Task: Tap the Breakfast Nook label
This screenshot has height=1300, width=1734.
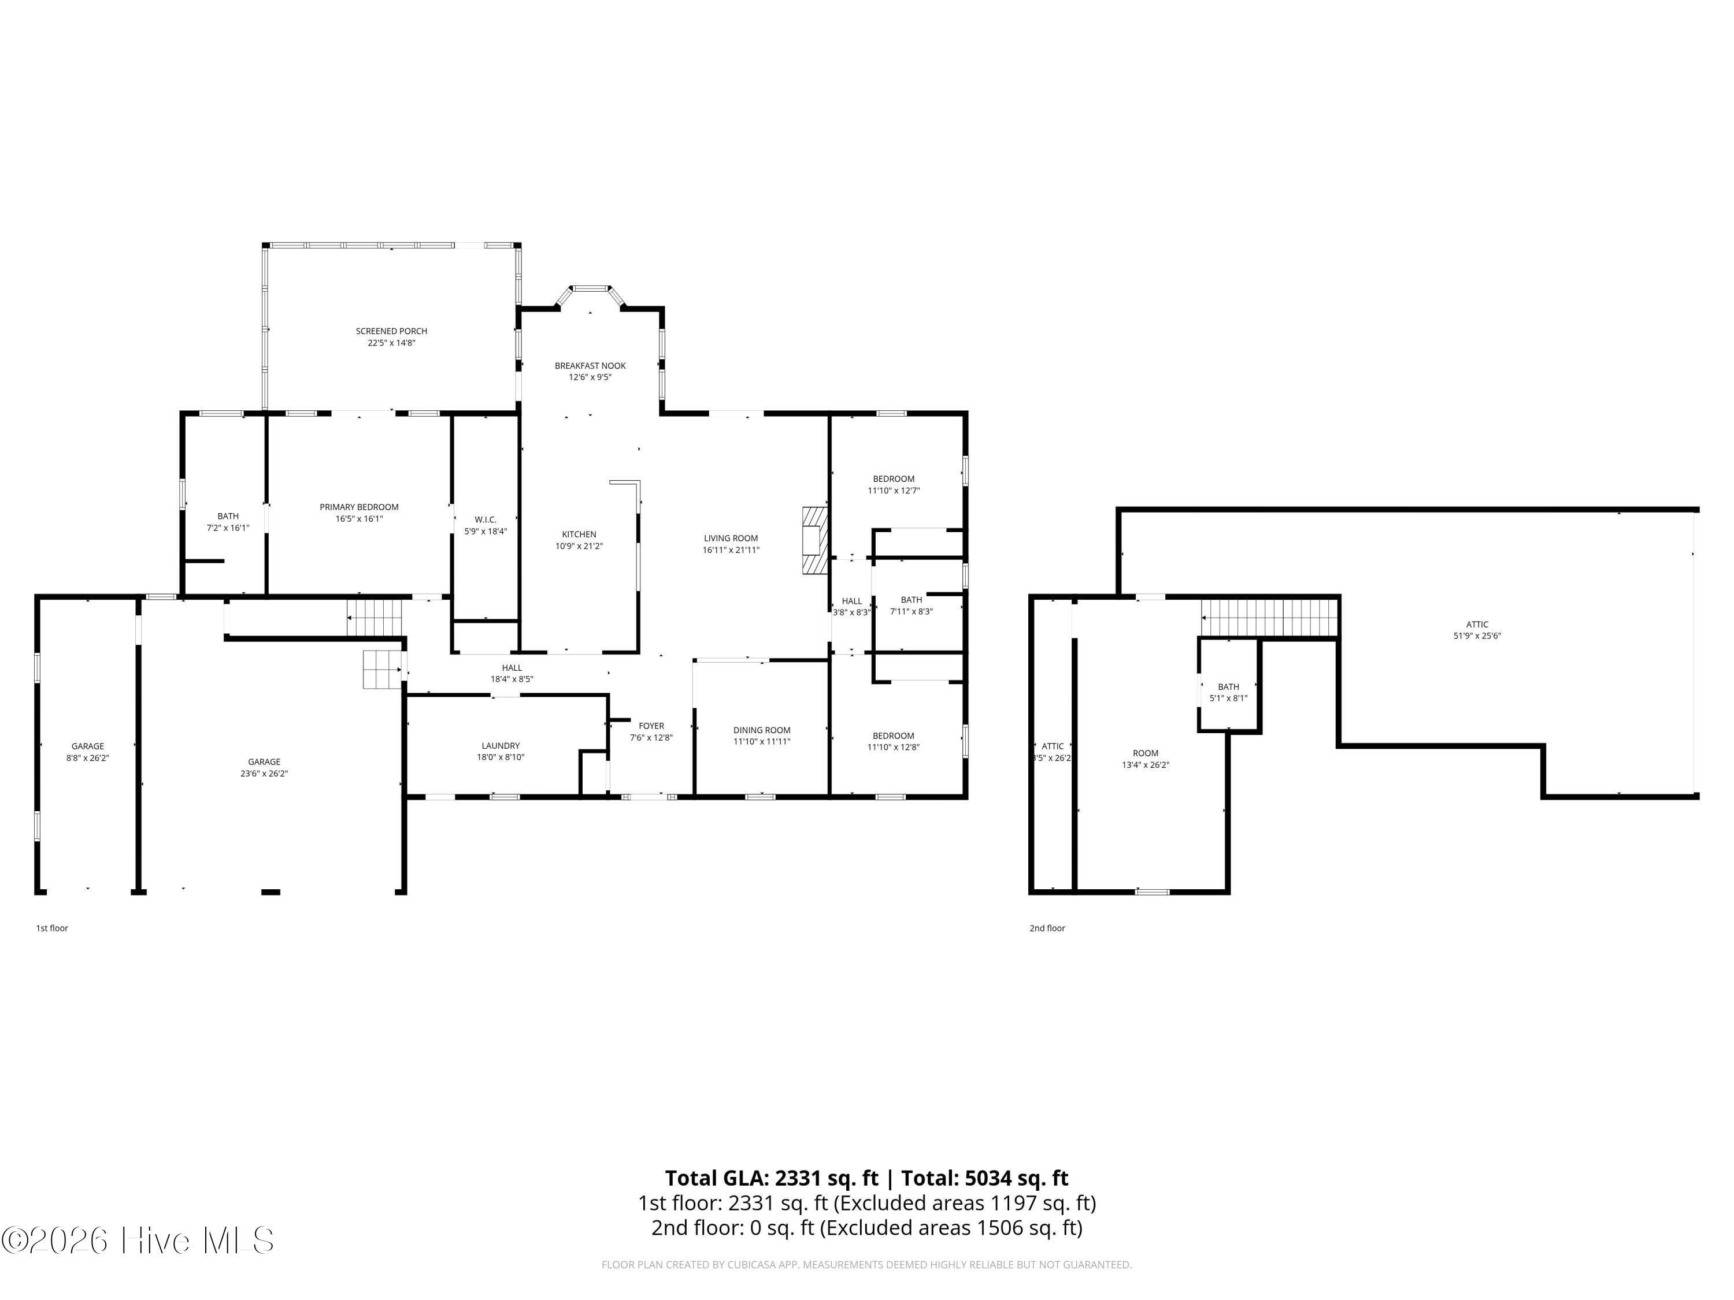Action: pyautogui.click(x=590, y=366)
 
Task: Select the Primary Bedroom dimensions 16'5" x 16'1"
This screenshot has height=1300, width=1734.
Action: pyautogui.click(x=359, y=519)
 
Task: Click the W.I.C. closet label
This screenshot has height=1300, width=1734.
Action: pyautogui.click(x=486, y=519)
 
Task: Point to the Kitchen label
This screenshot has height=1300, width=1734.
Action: pyautogui.click(x=579, y=534)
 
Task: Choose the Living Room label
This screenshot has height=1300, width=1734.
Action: pyautogui.click(x=731, y=538)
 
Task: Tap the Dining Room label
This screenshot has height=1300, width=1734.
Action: pyautogui.click(x=761, y=730)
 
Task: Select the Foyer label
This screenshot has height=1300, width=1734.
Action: pyautogui.click(x=651, y=726)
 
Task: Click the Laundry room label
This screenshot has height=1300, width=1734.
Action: pyautogui.click(x=500, y=746)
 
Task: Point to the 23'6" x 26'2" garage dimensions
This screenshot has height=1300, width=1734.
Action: pyautogui.click(x=264, y=774)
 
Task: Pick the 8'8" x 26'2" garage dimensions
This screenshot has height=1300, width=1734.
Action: pyautogui.click(x=88, y=757)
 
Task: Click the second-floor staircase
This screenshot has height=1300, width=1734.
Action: pyautogui.click(x=1269, y=618)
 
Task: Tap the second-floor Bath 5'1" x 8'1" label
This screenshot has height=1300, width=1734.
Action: pyautogui.click(x=1228, y=687)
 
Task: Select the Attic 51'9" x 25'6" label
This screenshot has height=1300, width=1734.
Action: pyautogui.click(x=1477, y=625)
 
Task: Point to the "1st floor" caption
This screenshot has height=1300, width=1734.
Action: pyautogui.click(x=52, y=928)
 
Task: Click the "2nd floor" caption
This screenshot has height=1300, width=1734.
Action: pyautogui.click(x=1047, y=928)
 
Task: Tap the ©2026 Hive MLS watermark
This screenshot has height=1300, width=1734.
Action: pyautogui.click(x=138, y=1240)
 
